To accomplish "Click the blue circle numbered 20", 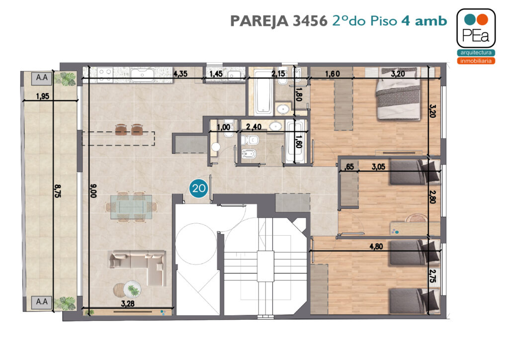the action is click(x=199, y=188).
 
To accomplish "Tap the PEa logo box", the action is click(x=476, y=28).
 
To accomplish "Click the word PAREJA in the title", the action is click(x=259, y=21).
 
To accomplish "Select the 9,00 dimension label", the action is click(x=93, y=191).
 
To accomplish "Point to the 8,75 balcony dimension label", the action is click(x=58, y=191).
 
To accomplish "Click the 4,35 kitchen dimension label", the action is click(x=180, y=74).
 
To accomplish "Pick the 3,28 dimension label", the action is click(x=128, y=304).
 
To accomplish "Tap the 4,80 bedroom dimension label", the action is click(x=376, y=247).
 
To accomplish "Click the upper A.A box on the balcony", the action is click(x=42, y=78).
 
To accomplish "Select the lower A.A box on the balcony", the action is click(x=42, y=302).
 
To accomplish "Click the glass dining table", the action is click(x=131, y=207).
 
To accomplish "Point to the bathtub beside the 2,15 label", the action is click(x=263, y=92).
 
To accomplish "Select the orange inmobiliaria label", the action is click(x=476, y=61).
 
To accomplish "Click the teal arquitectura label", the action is click(x=476, y=53).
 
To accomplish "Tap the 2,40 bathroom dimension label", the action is click(x=254, y=127).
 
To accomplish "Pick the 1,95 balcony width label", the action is click(x=43, y=96).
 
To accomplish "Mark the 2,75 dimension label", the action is click(x=432, y=276).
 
